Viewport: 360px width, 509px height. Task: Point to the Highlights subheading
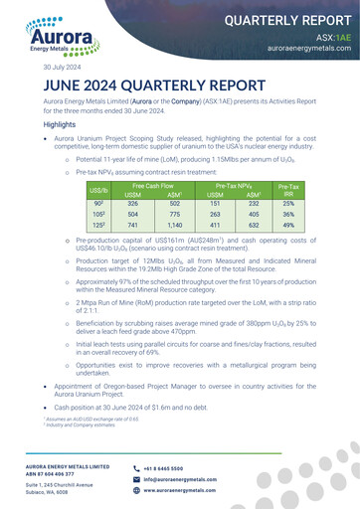pos(66,125)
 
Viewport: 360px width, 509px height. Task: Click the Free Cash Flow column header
pos(152,186)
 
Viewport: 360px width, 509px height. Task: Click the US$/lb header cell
pos(99,191)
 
